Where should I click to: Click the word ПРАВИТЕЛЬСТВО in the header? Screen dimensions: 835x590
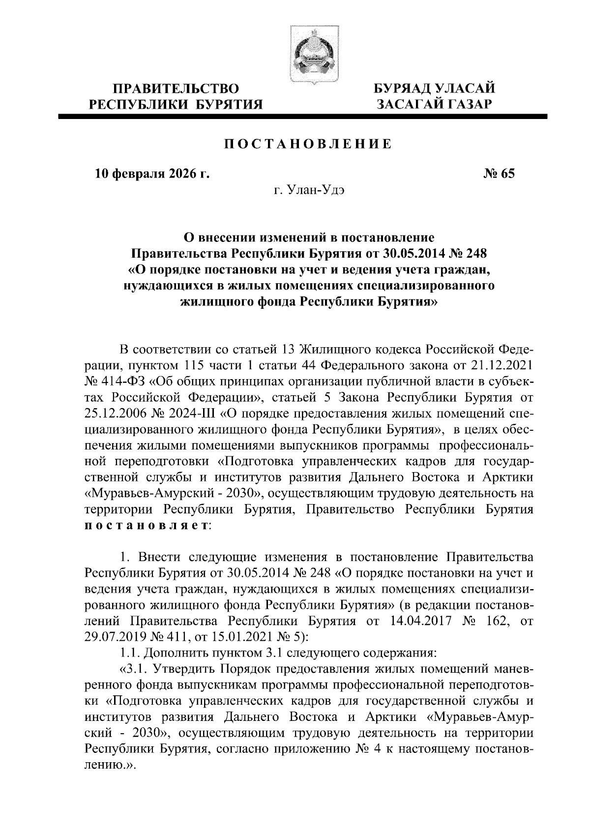[176, 89]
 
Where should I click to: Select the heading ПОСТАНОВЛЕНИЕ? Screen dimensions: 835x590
[309, 144]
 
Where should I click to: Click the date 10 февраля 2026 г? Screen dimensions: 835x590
[152, 174]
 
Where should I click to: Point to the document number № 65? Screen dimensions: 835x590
[498, 174]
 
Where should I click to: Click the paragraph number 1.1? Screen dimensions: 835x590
[130, 653]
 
